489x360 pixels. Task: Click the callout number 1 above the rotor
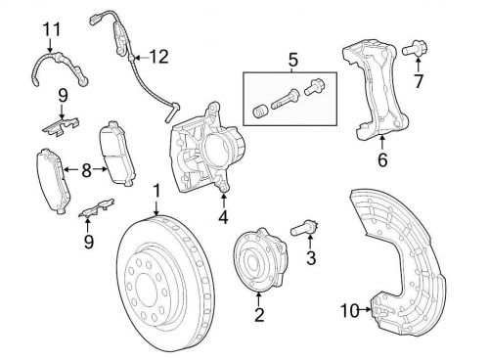156,192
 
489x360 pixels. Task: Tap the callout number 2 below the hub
259,315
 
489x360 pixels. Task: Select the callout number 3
311,258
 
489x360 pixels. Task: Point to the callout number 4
223,216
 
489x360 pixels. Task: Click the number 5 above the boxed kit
292,61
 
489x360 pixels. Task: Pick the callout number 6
382,159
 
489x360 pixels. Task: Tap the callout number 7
419,81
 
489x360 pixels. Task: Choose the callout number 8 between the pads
86,170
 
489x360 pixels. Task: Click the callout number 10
350,310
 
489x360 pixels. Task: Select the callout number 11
52,29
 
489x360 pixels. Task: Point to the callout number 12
158,57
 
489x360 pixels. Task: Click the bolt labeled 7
415,49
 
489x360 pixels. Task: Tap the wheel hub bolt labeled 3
304,228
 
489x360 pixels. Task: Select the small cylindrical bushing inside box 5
260,112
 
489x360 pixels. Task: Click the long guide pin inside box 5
285,100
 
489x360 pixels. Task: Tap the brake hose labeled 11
60,69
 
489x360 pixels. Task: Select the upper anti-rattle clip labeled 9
61,126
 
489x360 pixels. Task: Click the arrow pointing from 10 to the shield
365,310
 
